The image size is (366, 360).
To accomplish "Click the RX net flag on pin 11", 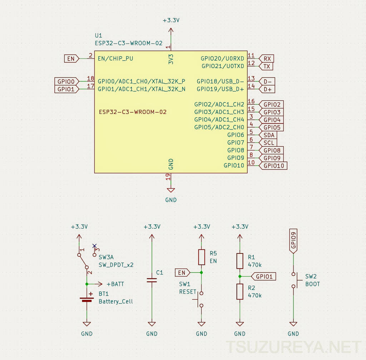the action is click(266, 59).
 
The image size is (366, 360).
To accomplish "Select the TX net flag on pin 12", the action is click(266, 66).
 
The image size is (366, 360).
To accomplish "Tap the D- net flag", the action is click(267, 82).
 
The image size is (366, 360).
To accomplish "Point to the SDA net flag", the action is click(268, 135).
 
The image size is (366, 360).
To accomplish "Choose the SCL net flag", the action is click(268, 143).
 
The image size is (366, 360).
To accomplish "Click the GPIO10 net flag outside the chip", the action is click(273, 166).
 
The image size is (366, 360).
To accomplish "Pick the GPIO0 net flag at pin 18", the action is click(67, 82).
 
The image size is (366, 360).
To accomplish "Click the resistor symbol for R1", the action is click(240, 261).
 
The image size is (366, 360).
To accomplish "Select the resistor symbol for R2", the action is click(240, 292).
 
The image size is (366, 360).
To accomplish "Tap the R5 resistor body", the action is click(202, 257).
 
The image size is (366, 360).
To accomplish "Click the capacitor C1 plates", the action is click(152, 280).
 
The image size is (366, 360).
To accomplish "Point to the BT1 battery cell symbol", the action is click(86, 299).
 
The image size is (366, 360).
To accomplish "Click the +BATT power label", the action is click(115, 284).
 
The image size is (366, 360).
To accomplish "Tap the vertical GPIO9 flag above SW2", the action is click(293, 241).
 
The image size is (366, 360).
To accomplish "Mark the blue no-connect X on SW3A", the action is click(94, 246).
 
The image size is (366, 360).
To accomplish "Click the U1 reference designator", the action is click(99, 35).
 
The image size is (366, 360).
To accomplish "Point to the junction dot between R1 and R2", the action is click(240, 276).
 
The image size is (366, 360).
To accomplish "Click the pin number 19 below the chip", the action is click(168, 177).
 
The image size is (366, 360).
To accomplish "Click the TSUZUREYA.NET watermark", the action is click(293, 347).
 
